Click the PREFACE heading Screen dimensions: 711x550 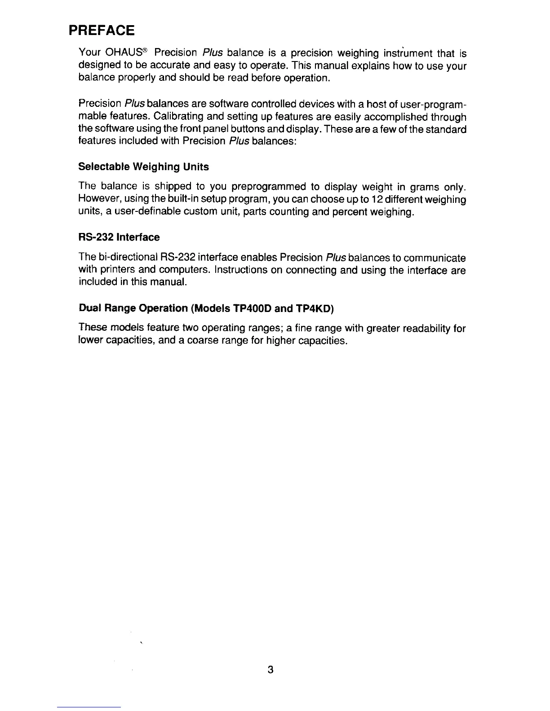(x=101, y=31)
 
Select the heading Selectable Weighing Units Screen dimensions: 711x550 (x=143, y=167)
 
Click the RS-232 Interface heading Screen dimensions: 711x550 (x=119, y=237)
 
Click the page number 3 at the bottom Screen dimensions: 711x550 (x=270, y=670)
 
